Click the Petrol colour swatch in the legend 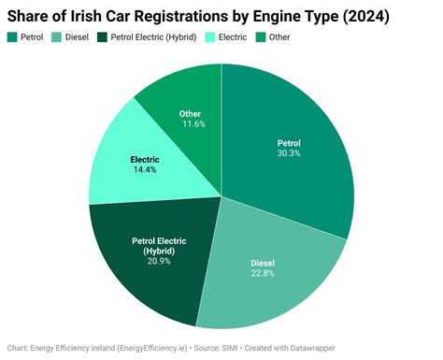click(x=14, y=36)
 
